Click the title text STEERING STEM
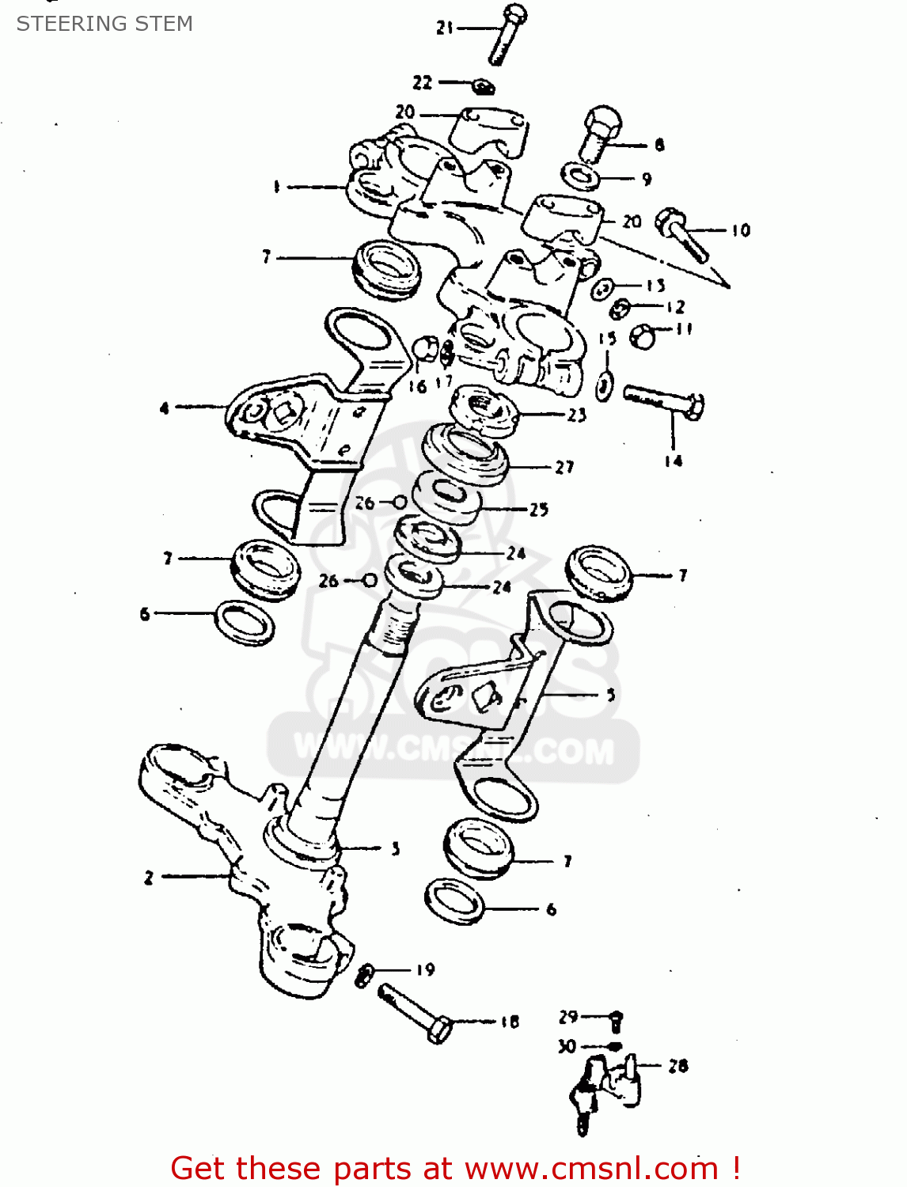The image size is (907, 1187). pyautogui.click(x=104, y=24)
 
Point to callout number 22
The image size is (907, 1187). pyautogui.click(x=423, y=82)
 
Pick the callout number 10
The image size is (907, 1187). pyautogui.click(x=740, y=230)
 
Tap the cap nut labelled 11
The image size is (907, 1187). pyautogui.click(x=643, y=336)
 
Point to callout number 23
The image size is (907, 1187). pyautogui.click(x=576, y=415)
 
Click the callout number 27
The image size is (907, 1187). pyautogui.click(x=564, y=467)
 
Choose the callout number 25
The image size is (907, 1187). pyautogui.click(x=539, y=509)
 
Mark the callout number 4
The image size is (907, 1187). pyautogui.click(x=165, y=408)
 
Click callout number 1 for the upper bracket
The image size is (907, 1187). pyautogui.click(x=276, y=187)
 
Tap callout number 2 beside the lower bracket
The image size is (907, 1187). pyautogui.click(x=149, y=877)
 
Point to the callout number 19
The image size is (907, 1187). pyautogui.click(x=425, y=969)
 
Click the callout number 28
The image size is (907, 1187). pyautogui.click(x=677, y=1066)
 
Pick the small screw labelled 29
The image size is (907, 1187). pyautogui.click(x=617, y=1020)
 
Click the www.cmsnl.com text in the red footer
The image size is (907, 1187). pyautogui.click(x=591, y=1168)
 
